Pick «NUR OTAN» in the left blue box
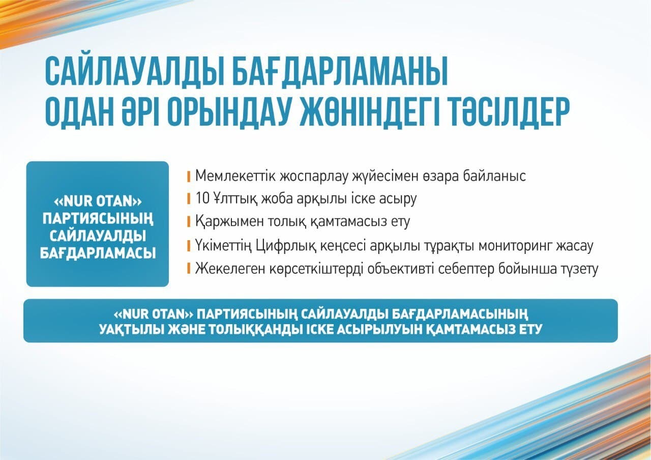pos(98,201)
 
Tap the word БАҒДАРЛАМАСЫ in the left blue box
pos(98,253)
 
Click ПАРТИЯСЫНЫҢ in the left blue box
pos(98,219)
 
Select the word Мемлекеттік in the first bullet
pos(235,176)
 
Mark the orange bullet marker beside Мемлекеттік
pos(189,177)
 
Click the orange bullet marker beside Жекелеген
pos(189,268)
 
